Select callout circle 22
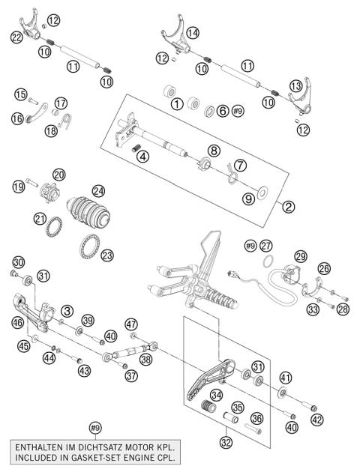16,37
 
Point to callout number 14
193,32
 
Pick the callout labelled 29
301,256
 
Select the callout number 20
58,174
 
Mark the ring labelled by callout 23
89,243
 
